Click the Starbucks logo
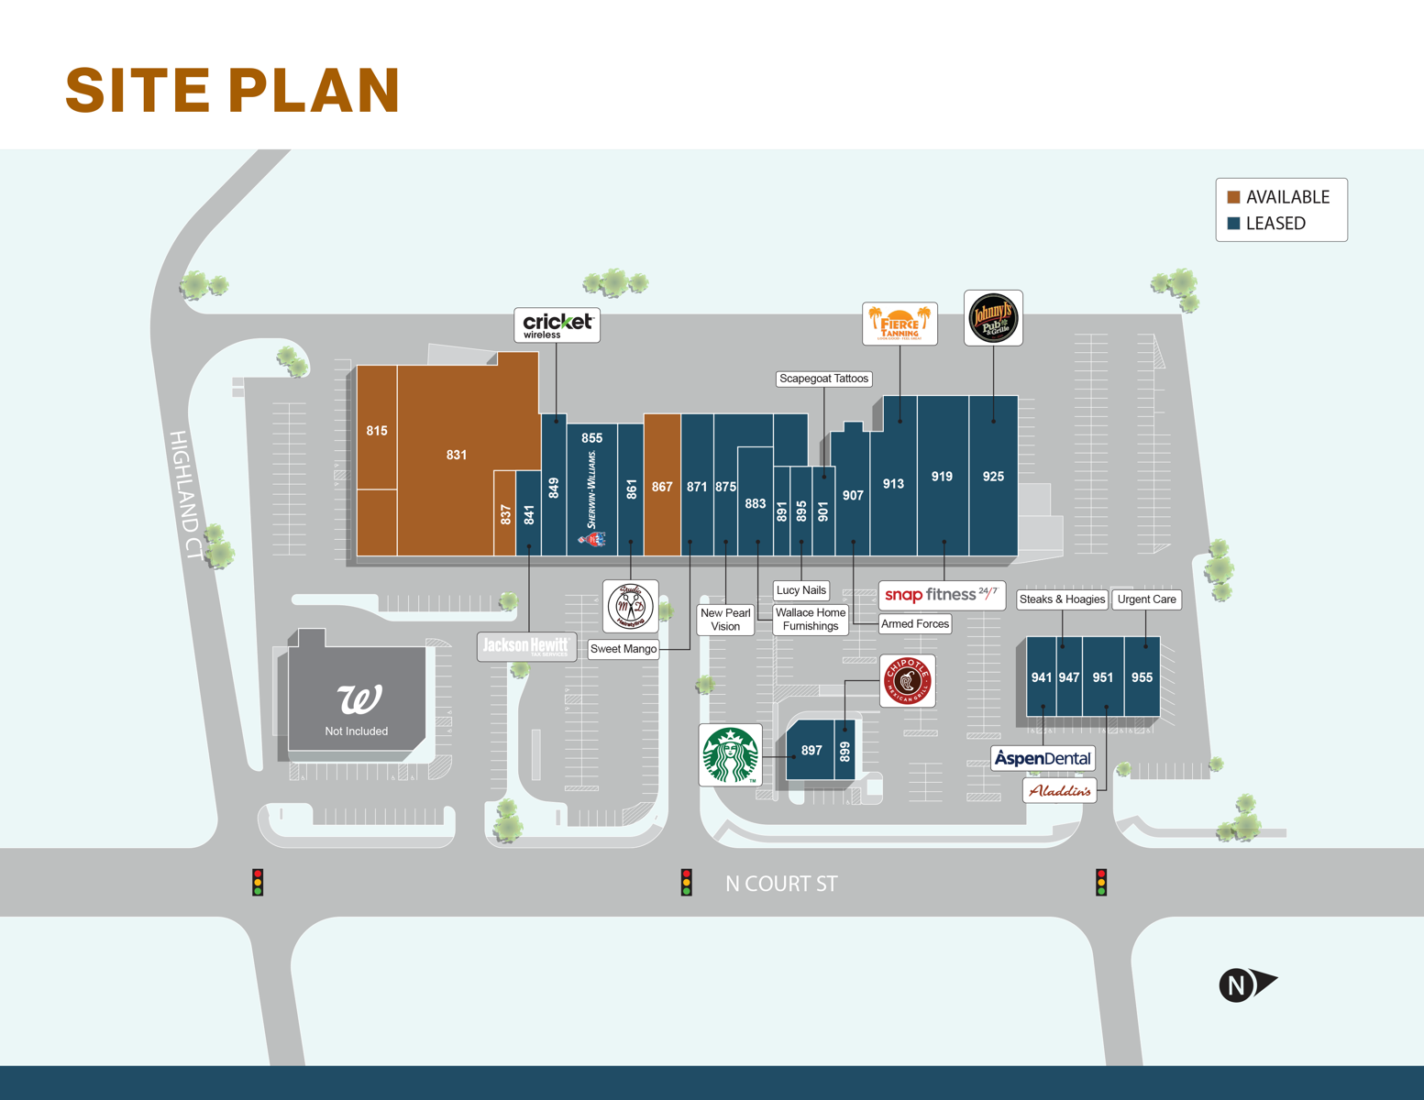tap(730, 755)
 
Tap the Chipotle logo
tap(907, 681)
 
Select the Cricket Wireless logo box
tap(557, 325)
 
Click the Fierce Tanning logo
tap(900, 324)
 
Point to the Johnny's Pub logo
tap(993, 318)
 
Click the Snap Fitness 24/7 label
tap(942, 595)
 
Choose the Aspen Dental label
tap(1043, 758)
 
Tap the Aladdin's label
tap(1059, 790)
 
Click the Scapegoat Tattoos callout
tap(823, 379)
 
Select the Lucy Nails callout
tap(800, 590)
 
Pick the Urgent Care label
tap(1146, 599)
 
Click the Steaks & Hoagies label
tap(1062, 599)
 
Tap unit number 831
tap(457, 455)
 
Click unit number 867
tap(662, 487)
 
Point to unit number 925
tap(993, 477)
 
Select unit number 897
tap(811, 751)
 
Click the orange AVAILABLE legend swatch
tap(1233, 197)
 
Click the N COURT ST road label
tap(781, 884)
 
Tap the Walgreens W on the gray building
tap(359, 699)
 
